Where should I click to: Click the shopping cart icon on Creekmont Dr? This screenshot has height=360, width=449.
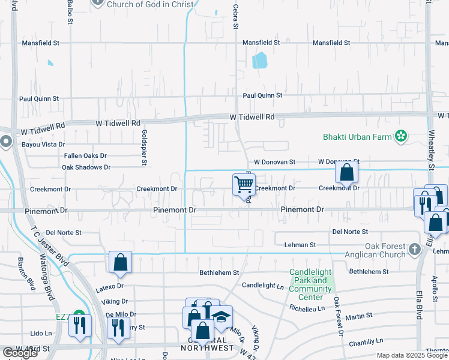[x=244, y=184]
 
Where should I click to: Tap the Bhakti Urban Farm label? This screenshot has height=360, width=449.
[x=357, y=137]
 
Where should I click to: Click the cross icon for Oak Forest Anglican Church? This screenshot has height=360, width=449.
[x=414, y=248]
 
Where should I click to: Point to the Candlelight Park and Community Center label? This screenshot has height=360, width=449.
[x=310, y=284]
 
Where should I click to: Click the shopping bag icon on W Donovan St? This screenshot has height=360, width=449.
[x=347, y=173]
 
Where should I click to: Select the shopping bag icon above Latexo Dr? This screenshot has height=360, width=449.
[x=120, y=262]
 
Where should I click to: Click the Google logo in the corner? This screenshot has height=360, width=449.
[x=20, y=353]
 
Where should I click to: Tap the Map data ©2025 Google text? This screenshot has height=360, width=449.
[x=412, y=356]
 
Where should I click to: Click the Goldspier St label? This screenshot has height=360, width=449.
[x=144, y=147]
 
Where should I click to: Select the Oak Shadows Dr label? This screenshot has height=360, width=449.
[x=86, y=167]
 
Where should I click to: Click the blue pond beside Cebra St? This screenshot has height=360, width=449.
[x=259, y=61]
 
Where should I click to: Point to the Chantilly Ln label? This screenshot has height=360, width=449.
[x=364, y=341]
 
